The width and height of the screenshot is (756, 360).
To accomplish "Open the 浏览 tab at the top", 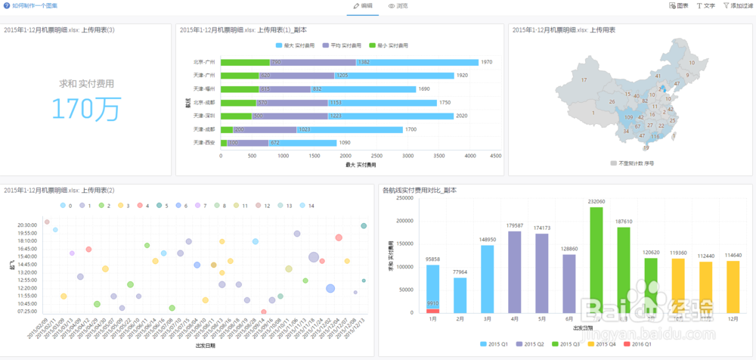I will coord(398,5).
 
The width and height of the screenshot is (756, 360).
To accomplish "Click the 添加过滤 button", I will coord(737,5).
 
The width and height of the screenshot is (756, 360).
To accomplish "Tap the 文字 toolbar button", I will coord(705,5).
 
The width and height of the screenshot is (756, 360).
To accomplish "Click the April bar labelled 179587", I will coord(515,272).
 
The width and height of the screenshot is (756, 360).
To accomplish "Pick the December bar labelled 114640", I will coord(733,287).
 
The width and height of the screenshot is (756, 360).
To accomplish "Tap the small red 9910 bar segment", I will coord(432,310).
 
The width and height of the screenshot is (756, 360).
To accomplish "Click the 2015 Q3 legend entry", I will coord(568,343).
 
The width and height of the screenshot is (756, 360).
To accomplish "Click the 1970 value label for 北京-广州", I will coord(486,62).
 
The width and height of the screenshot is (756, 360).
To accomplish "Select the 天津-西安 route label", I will coord(204,142).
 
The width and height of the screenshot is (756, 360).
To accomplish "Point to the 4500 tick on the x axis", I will coord(496,156).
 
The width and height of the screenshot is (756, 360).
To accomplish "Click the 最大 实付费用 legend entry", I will coord(296,45).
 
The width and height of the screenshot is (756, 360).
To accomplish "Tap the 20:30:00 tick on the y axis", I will coord(27,225).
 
